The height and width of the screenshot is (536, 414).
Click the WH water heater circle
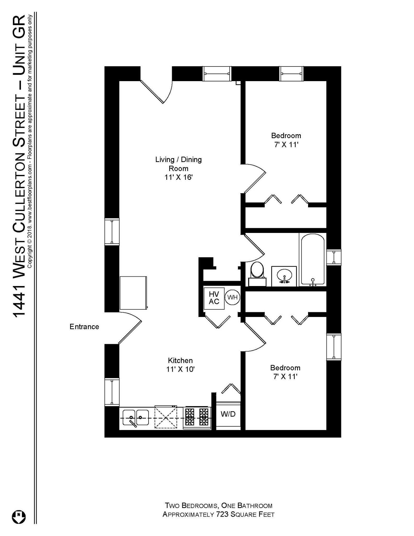232,297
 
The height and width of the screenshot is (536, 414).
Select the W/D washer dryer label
228,414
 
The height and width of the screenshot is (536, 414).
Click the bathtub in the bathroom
313,259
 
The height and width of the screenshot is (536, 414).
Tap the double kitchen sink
135,418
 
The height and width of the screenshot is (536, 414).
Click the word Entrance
84,327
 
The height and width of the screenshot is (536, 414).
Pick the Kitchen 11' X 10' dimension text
180,369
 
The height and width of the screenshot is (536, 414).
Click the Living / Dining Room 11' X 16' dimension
178,177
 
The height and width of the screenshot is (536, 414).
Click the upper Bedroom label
286,136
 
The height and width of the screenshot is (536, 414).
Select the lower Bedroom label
285,368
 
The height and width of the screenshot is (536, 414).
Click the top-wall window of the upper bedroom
291,74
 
